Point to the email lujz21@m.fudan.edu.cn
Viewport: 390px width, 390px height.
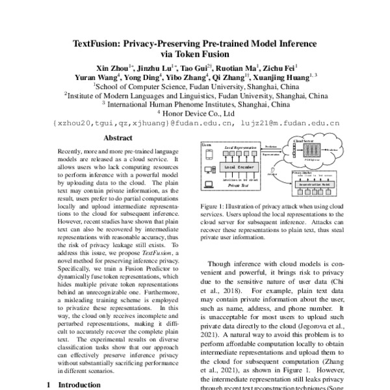289,122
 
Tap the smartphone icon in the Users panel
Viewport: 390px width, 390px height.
208,155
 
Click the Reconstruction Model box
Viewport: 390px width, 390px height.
314,185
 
